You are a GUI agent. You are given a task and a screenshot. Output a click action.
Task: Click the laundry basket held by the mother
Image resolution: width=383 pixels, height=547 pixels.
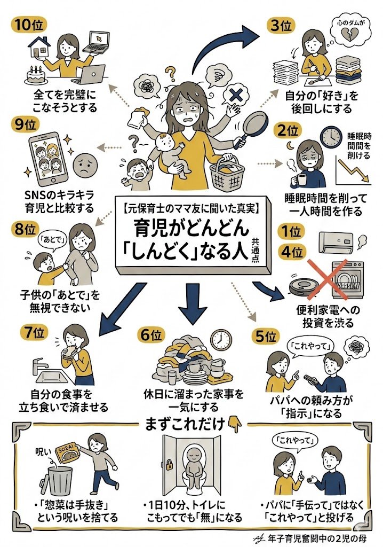click(x=228, y=171)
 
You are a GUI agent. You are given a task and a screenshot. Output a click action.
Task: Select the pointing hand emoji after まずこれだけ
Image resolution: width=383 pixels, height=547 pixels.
click(x=234, y=424)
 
